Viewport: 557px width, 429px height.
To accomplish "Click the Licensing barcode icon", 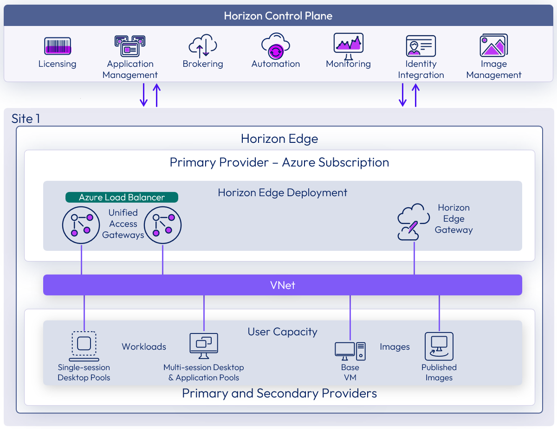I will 58,46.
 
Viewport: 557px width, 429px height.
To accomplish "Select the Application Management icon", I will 130,45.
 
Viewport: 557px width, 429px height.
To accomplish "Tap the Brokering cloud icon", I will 203,45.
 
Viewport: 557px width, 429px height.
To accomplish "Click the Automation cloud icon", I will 276,45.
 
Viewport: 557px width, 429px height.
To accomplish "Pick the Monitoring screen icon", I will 348,45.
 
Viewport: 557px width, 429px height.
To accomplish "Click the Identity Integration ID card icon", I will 421,46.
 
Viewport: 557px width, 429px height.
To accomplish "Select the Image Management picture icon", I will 493,45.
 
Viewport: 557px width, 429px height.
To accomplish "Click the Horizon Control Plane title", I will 278,16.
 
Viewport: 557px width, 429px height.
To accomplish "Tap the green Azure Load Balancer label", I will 122,198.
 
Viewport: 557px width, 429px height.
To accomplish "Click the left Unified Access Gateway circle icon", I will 81,225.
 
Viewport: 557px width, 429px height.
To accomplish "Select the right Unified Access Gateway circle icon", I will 162,225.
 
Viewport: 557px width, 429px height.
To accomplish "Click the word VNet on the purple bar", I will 282,285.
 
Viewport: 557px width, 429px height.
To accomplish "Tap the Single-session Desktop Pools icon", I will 84,346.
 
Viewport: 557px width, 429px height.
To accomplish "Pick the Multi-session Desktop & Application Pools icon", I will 204,346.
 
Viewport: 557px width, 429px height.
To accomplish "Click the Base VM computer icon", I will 350,351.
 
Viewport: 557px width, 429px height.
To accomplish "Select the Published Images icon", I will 439,346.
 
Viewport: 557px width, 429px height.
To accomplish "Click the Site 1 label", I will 26,119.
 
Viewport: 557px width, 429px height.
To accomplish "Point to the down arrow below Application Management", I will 144,95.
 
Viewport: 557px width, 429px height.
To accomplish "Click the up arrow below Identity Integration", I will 415,95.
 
